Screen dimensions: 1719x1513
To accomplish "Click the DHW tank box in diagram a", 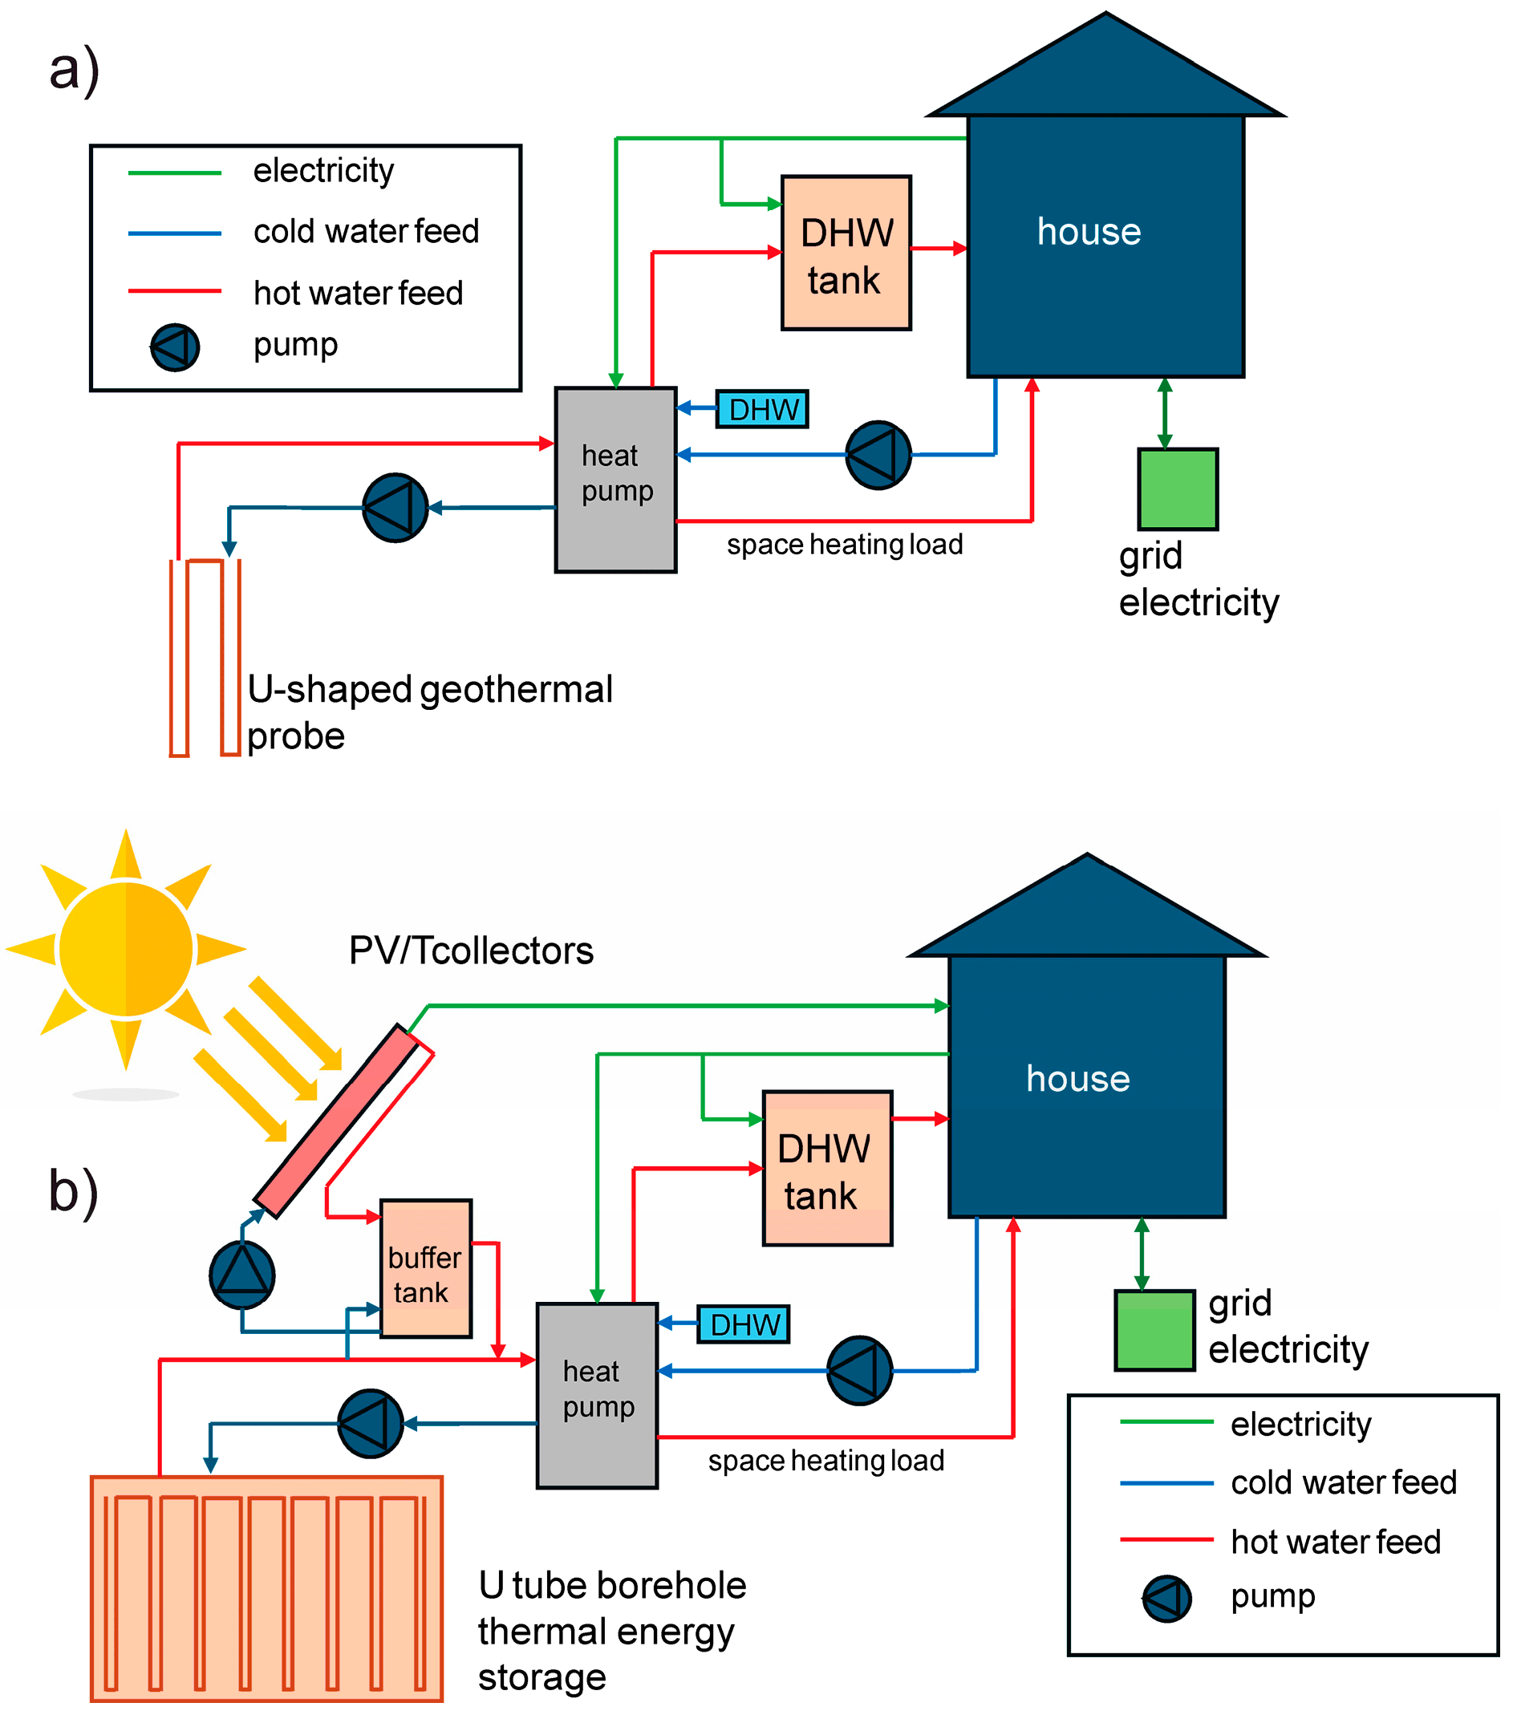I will click(846, 253).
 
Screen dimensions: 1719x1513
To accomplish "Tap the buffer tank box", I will click(425, 1267).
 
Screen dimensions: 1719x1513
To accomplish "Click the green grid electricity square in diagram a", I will click(1177, 489).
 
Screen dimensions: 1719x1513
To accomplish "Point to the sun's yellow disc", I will click(126, 949).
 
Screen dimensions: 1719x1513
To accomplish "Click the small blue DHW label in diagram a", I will click(762, 410).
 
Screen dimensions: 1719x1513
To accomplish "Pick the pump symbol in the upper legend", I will click(175, 347).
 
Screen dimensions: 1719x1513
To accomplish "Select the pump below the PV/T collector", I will click(242, 1274).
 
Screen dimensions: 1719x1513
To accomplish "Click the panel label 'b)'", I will click(73, 1191).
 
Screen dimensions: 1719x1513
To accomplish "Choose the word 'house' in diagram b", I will click(1077, 1079).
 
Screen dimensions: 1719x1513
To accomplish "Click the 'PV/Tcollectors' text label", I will click(471, 951).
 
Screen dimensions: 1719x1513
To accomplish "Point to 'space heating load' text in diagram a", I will click(845, 545).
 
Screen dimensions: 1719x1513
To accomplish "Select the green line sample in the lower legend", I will click(1166, 1421).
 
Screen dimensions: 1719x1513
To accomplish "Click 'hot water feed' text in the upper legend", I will click(359, 294).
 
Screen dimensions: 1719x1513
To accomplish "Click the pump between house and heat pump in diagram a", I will click(878, 455).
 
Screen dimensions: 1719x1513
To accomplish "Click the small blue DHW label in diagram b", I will click(744, 1324).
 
